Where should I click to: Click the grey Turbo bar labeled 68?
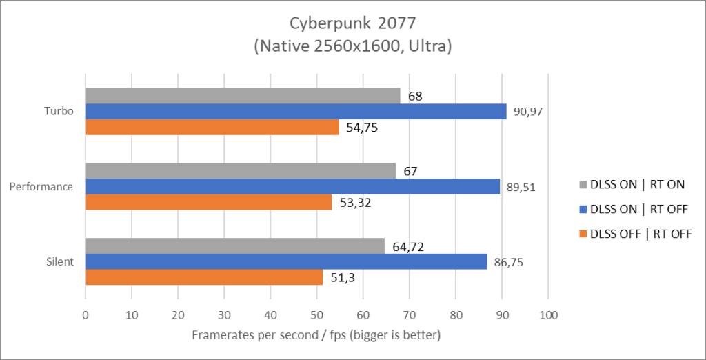(x=242, y=96)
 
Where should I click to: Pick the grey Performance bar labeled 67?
(x=240, y=171)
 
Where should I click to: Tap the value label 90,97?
(x=527, y=112)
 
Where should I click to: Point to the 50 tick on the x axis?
(x=316, y=316)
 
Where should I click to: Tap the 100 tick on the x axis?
(x=547, y=316)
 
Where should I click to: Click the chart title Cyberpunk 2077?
(x=352, y=23)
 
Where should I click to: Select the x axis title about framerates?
(x=315, y=335)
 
